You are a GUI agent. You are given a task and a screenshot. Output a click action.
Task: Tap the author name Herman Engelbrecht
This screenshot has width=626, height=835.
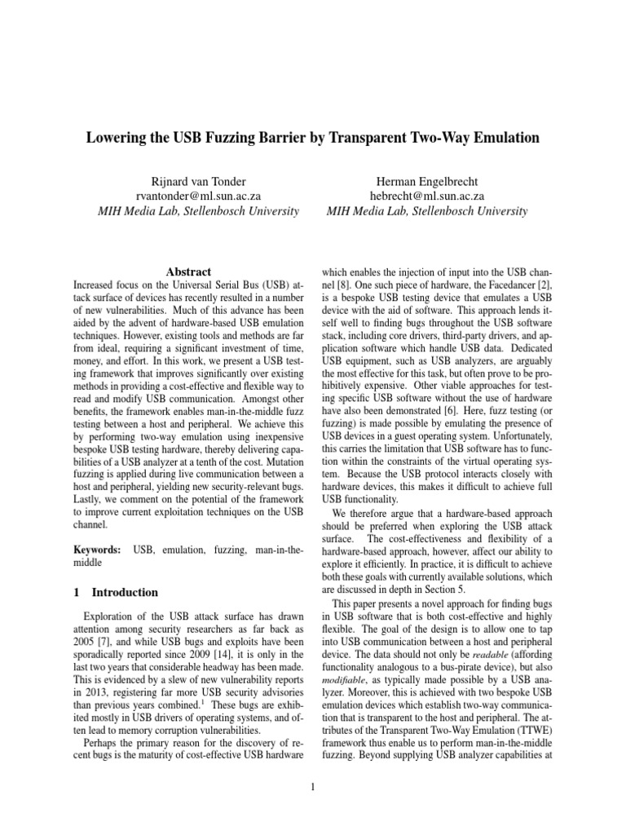pos(427,181)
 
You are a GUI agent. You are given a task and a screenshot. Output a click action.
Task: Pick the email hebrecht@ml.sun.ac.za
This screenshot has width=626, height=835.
pos(427,196)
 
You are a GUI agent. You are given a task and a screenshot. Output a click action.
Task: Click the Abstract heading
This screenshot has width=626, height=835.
pos(188,272)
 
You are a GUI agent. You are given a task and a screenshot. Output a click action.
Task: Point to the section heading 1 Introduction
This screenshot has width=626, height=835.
pos(116,592)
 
